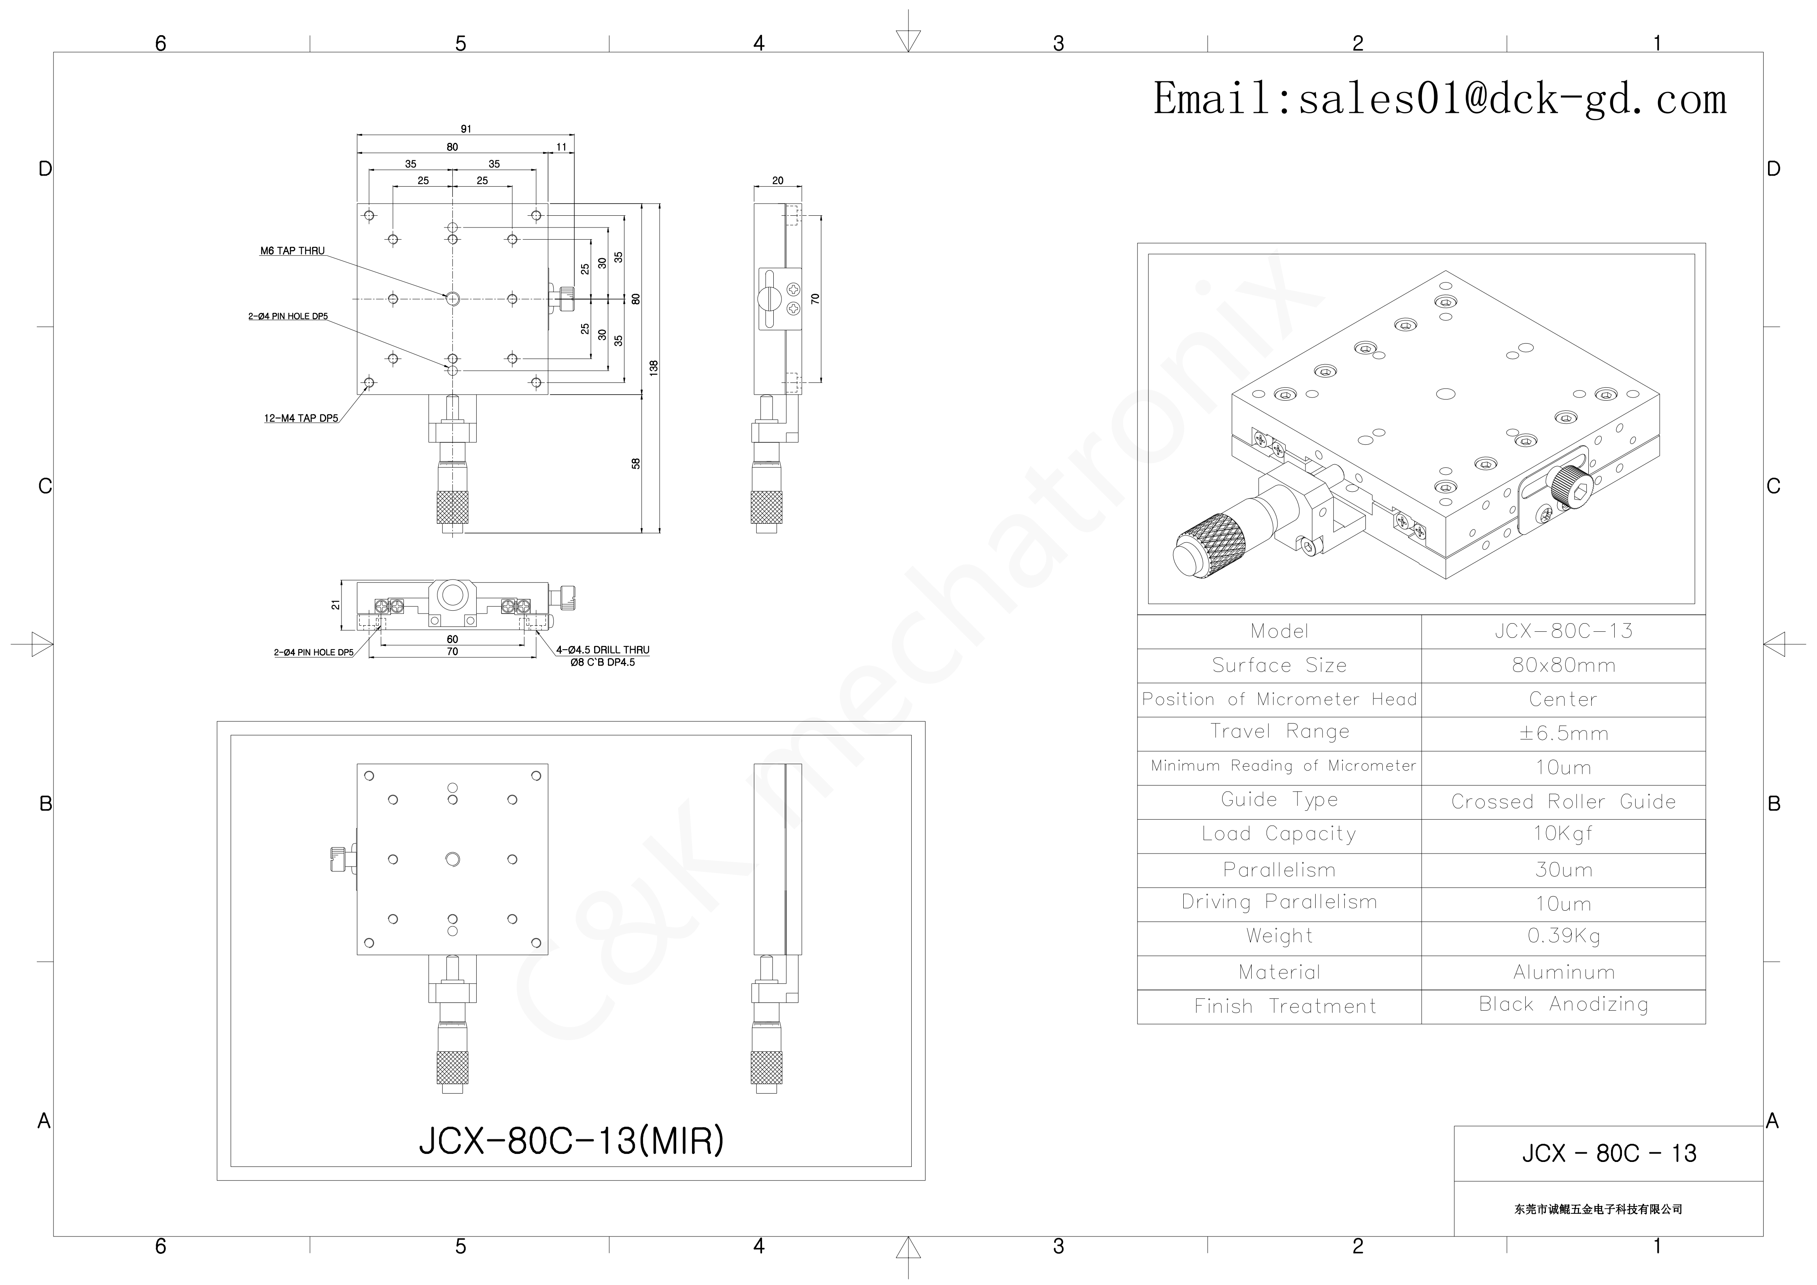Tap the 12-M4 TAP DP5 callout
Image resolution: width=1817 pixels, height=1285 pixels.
(301, 418)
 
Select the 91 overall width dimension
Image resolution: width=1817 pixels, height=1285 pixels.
(466, 128)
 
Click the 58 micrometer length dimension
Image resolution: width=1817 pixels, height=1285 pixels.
(635, 464)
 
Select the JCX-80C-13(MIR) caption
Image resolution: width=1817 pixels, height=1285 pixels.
(571, 1140)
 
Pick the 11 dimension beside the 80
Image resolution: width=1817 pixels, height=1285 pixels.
(561, 147)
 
